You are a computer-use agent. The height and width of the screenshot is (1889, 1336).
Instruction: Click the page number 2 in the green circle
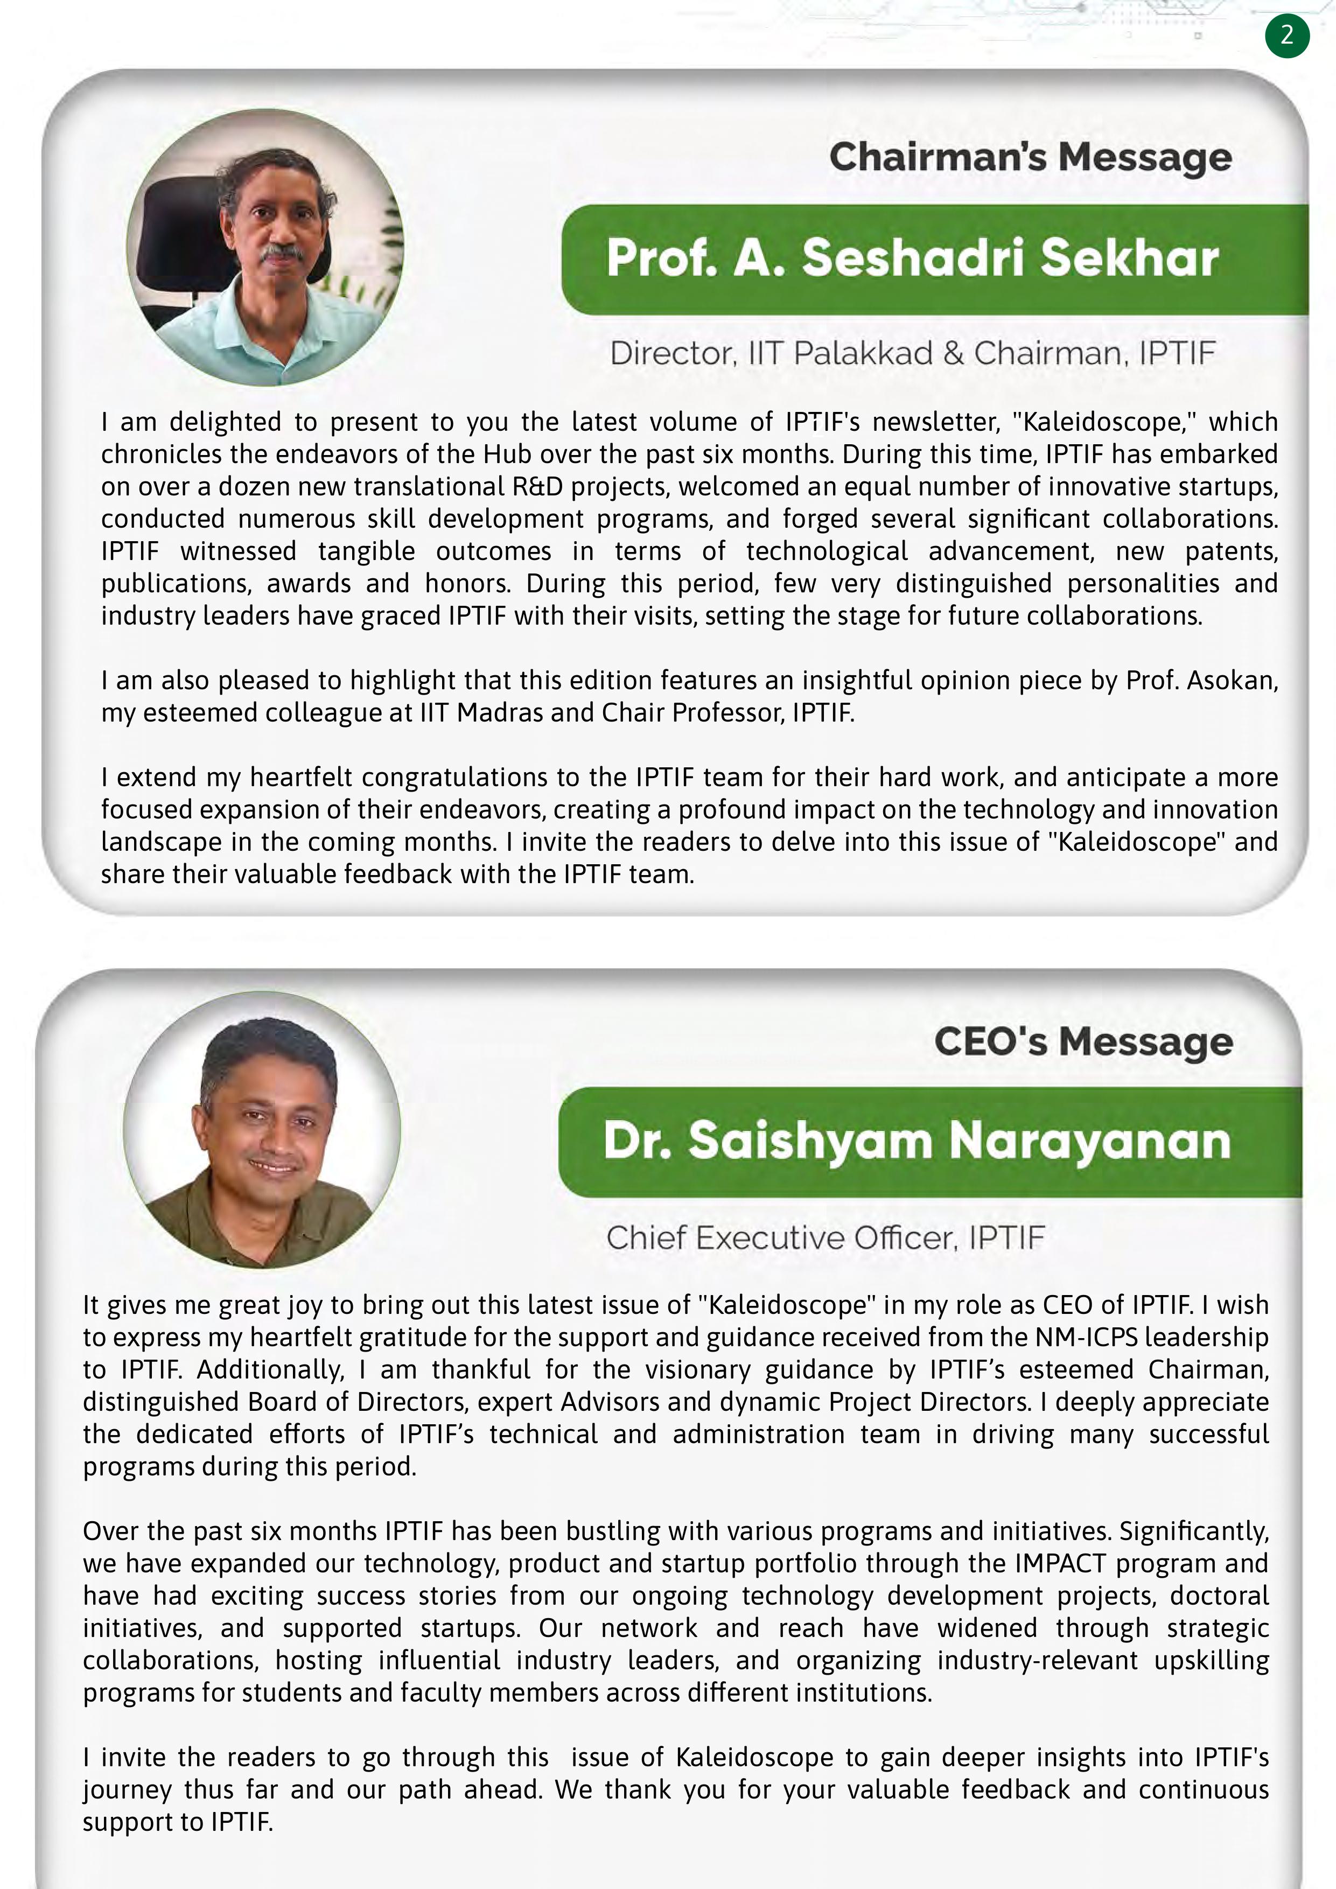tap(1286, 36)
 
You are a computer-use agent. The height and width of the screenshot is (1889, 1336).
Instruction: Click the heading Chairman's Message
tap(1030, 157)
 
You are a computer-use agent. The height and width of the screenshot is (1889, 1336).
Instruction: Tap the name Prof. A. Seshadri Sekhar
tap(912, 258)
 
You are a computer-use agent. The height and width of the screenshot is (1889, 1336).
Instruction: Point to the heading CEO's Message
tap(1083, 1041)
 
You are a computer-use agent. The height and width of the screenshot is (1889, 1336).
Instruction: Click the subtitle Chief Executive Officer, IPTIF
tap(825, 1237)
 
